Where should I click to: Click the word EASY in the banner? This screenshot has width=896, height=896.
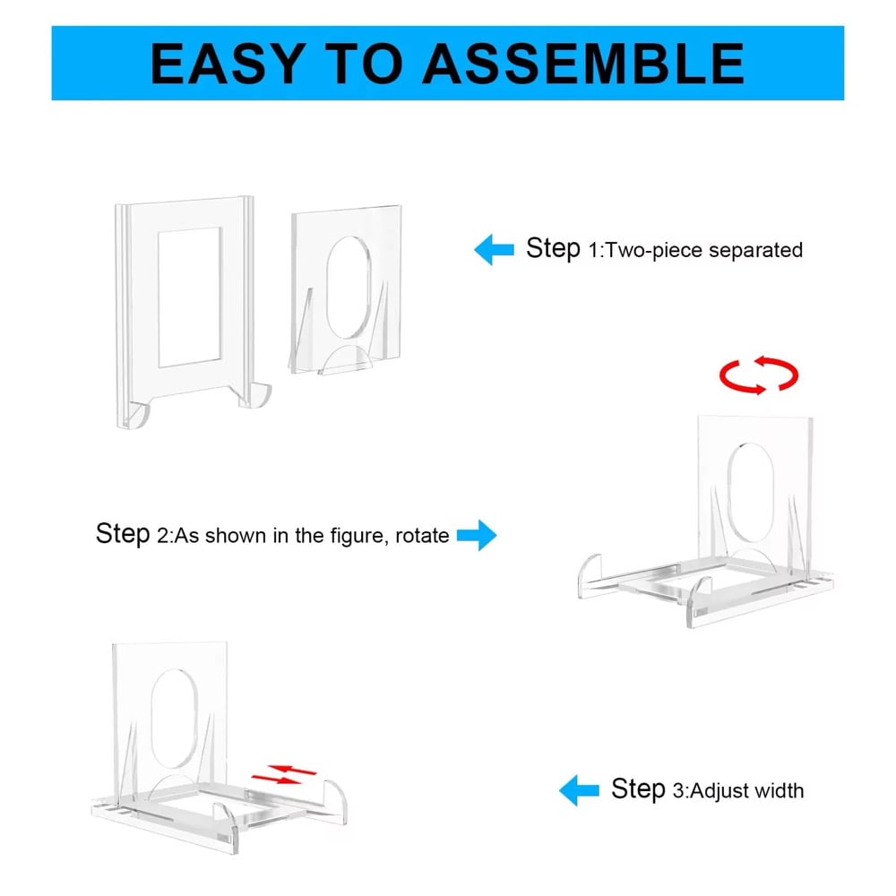pyautogui.click(x=228, y=64)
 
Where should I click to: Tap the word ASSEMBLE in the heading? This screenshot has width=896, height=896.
pyautogui.click(x=583, y=64)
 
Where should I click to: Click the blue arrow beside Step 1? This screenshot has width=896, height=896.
pyautogui.click(x=495, y=250)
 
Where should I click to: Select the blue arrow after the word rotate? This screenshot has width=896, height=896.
pyautogui.click(x=477, y=536)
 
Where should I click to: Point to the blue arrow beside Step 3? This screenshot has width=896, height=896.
pyautogui.click(x=579, y=790)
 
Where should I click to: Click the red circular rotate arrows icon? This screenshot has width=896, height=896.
pyautogui.click(x=759, y=375)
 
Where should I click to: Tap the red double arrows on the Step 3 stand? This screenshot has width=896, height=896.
pyautogui.click(x=284, y=774)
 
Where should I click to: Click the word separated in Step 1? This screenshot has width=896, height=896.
pyautogui.click(x=755, y=250)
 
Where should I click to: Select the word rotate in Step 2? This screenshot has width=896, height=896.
pyautogui.click(x=422, y=536)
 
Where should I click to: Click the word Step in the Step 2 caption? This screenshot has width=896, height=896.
pyautogui.click(x=123, y=534)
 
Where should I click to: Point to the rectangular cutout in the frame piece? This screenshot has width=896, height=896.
pyautogui.click(x=190, y=297)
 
